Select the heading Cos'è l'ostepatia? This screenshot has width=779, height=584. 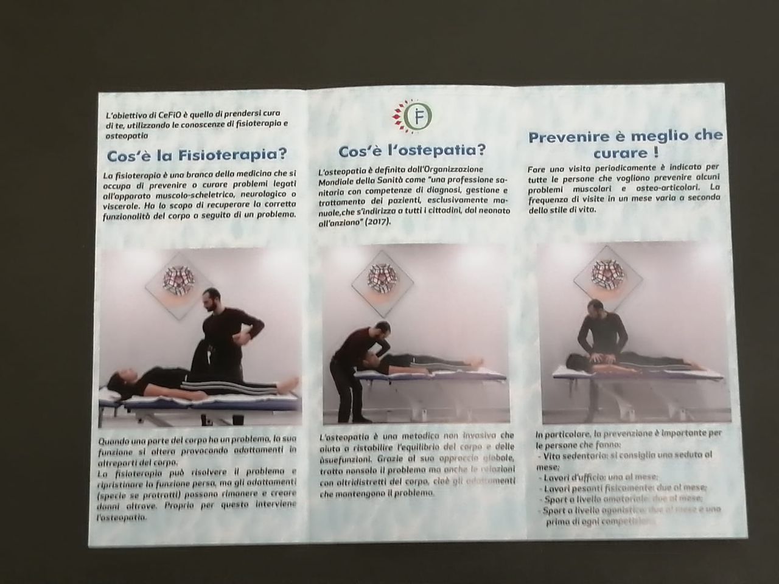411,150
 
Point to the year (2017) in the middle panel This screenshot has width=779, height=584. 377,223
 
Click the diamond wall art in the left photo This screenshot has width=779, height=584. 176,279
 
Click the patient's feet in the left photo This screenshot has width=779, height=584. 290,383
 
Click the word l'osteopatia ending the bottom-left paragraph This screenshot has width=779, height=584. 122,516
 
